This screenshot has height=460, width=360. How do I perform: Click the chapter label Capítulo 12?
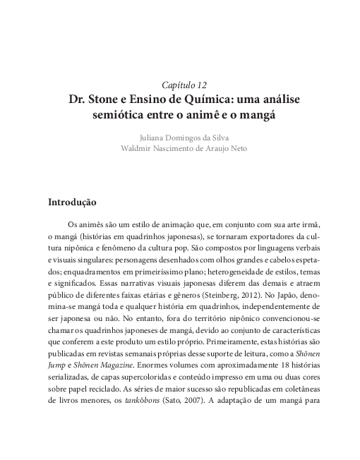coord(179,85)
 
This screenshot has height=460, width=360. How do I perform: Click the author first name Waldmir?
coord(136,148)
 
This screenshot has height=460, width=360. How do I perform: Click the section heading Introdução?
coord(72,202)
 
